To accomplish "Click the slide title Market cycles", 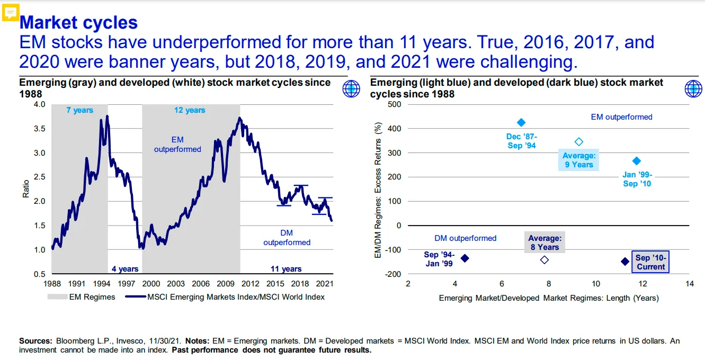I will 78,23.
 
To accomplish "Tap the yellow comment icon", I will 11,12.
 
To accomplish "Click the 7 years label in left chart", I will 79,110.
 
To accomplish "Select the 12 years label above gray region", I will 190,110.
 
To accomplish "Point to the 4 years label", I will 125,269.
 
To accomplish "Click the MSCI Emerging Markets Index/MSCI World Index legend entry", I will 225,297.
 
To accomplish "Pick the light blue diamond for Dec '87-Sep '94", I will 521,122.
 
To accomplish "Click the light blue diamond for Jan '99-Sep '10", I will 637,161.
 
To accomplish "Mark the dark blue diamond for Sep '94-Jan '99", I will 465,258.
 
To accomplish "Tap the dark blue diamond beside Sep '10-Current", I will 625,261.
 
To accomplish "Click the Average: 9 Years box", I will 579,160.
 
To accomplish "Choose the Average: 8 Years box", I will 545,243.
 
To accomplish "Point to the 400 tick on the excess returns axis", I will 395,129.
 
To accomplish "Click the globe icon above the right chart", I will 693,89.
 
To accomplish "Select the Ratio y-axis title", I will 25,189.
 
